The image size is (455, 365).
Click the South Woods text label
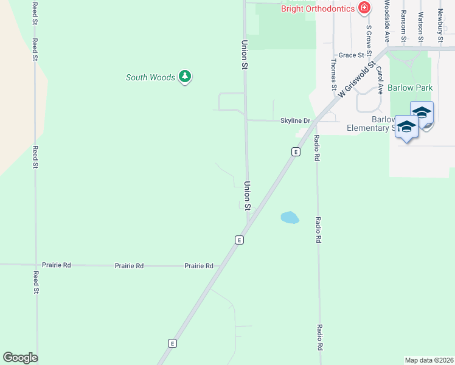150,77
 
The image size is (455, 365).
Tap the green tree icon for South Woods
185,77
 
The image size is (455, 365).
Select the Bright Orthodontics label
318,8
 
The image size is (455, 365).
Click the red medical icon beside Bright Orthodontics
364,8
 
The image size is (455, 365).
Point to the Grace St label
350,55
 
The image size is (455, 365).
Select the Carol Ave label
380,79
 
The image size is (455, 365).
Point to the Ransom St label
403,23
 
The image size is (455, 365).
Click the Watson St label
420,23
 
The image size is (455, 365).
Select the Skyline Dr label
295,120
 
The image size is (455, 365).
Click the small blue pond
290,217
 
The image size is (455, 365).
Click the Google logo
20,358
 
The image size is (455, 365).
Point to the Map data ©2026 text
429,360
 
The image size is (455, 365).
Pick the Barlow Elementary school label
367,123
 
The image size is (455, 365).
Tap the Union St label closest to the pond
248,196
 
